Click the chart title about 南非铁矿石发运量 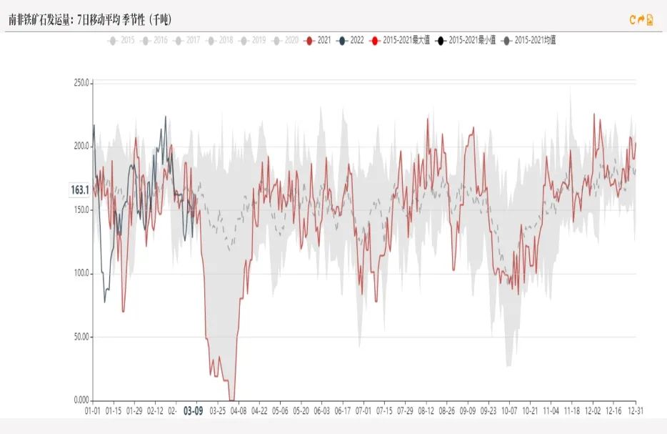click(x=90, y=19)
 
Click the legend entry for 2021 click(x=319, y=41)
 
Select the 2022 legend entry click(x=352, y=41)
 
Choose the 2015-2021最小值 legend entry click(x=466, y=41)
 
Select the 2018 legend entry click(x=220, y=41)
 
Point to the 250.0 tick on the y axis click(x=81, y=83)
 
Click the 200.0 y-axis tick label click(x=81, y=147)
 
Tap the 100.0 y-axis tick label click(x=81, y=274)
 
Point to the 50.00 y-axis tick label click(x=81, y=337)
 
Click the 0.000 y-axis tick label click(x=81, y=400)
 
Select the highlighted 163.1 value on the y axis click(x=79, y=190)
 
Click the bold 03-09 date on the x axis click(x=193, y=411)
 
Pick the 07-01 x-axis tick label click(x=363, y=411)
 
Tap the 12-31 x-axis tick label click(x=635, y=411)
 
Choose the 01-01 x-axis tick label click(x=92, y=411)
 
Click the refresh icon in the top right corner click(x=632, y=20)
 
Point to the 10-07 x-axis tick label click(x=509, y=411)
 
